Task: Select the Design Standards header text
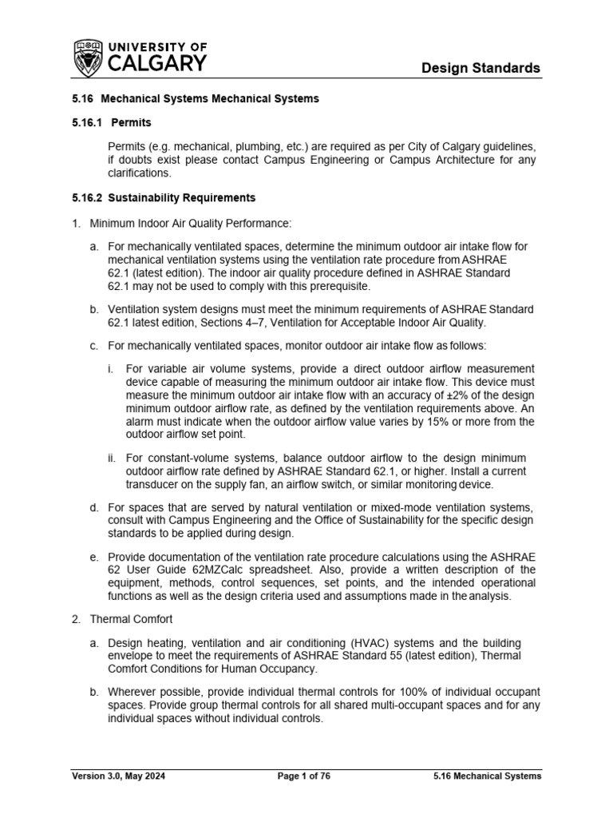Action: (x=481, y=68)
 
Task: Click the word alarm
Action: (x=142, y=421)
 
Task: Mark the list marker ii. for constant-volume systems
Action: (x=112, y=458)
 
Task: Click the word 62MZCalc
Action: (x=219, y=570)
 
